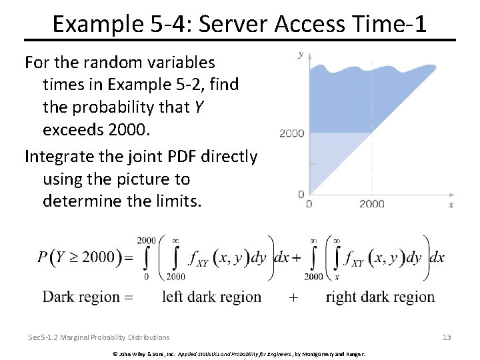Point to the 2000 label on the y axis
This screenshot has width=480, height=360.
[x=291, y=133]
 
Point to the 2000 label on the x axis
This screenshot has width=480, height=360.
[x=371, y=204]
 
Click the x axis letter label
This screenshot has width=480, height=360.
[x=451, y=205]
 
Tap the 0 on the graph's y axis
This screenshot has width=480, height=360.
[x=301, y=194]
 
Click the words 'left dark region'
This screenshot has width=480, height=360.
[x=211, y=297]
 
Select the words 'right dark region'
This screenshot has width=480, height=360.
[x=380, y=297]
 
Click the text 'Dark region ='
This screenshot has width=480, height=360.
[x=87, y=297]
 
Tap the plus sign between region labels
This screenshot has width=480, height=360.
[x=293, y=298]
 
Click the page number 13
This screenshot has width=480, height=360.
[x=447, y=337]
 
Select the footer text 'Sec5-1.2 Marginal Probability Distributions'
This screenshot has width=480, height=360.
[x=99, y=337]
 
